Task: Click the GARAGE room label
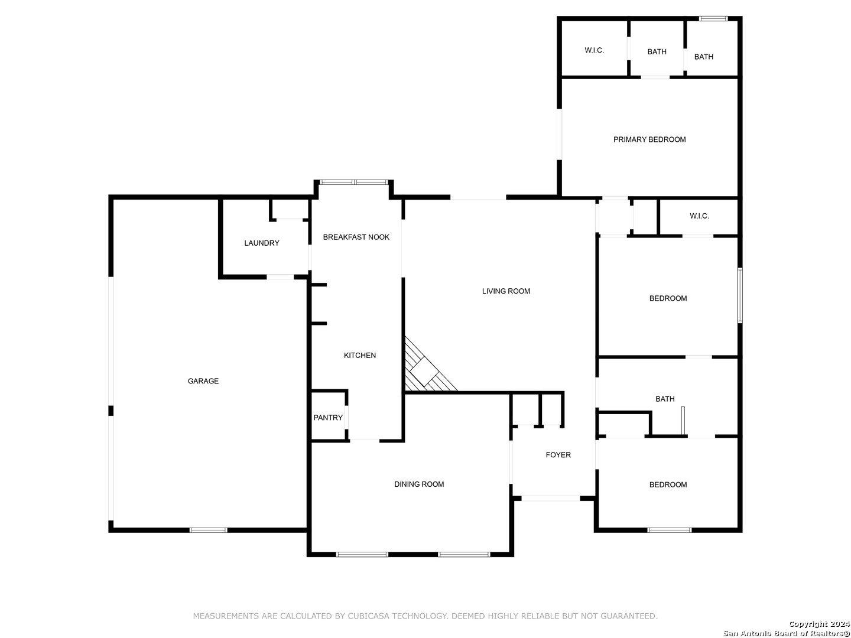pyautogui.click(x=203, y=381)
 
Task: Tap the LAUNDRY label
pyautogui.click(x=261, y=243)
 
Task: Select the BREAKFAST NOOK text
pyautogui.click(x=356, y=237)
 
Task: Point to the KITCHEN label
pyautogui.click(x=359, y=355)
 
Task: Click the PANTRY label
pyautogui.click(x=327, y=418)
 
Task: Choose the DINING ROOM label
pyautogui.click(x=419, y=484)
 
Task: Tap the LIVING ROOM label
pyautogui.click(x=505, y=291)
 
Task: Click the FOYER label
pyautogui.click(x=558, y=455)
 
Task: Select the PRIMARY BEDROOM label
pyautogui.click(x=649, y=139)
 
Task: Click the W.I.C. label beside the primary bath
pyautogui.click(x=594, y=50)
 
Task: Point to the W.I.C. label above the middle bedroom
pyautogui.click(x=699, y=216)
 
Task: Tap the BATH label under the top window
pyautogui.click(x=703, y=57)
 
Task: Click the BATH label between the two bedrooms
pyautogui.click(x=664, y=399)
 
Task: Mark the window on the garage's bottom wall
pyautogui.click(x=208, y=530)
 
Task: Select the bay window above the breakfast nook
pyautogui.click(x=353, y=182)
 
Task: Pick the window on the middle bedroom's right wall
pyautogui.click(x=740, y=295)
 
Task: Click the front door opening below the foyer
pyautogui.click(x=551, y=499)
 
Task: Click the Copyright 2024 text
pyautogui.click(x=819, y=624)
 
